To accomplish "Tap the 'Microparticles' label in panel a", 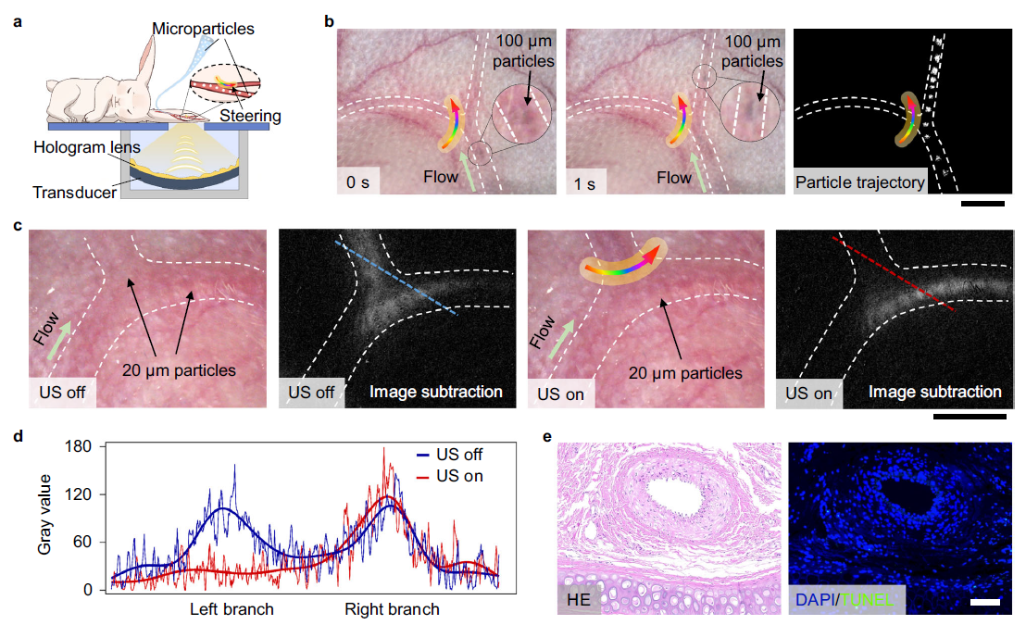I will tap(204, 29).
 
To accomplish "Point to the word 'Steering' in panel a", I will tap(251, 116).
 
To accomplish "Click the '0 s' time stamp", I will tap(357, 181).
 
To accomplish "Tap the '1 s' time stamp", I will tap(585, 181).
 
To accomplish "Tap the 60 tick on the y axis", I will tap(86, 543).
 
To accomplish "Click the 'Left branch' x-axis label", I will tap(231, 609).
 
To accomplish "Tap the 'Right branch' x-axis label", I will tap(392, 609).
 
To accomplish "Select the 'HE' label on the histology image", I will tap(582, 601).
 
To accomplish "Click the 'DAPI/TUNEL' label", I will tap(845, 601).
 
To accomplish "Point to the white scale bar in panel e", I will tap(986, 602).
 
